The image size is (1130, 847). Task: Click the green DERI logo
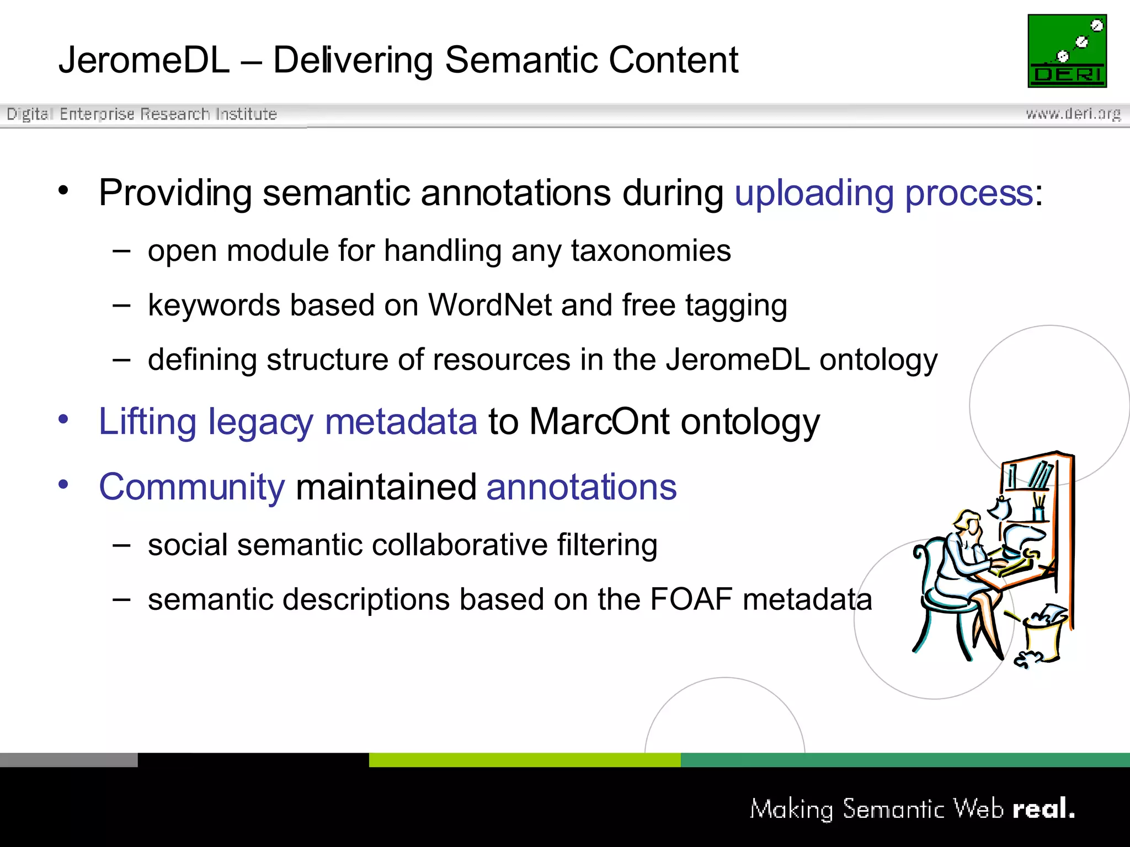(1067, 51)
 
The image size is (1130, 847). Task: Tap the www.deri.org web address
(1073, 114)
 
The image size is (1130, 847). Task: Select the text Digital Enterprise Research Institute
(142, 114)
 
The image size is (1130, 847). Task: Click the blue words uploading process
(883, 193)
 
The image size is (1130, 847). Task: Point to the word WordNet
(490, 305)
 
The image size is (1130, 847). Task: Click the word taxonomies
(651, 251)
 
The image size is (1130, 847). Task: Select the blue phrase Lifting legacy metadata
(287, 422)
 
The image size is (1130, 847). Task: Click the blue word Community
(191, 487)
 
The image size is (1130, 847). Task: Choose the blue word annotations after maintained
(581, 487)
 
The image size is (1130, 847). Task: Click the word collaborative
(460, 545)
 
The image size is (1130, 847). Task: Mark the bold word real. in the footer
(1043, 808)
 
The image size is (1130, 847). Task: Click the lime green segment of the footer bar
(524, 760)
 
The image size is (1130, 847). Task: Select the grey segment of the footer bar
(68, 760)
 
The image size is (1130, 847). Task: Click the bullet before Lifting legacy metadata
(63, 420)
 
